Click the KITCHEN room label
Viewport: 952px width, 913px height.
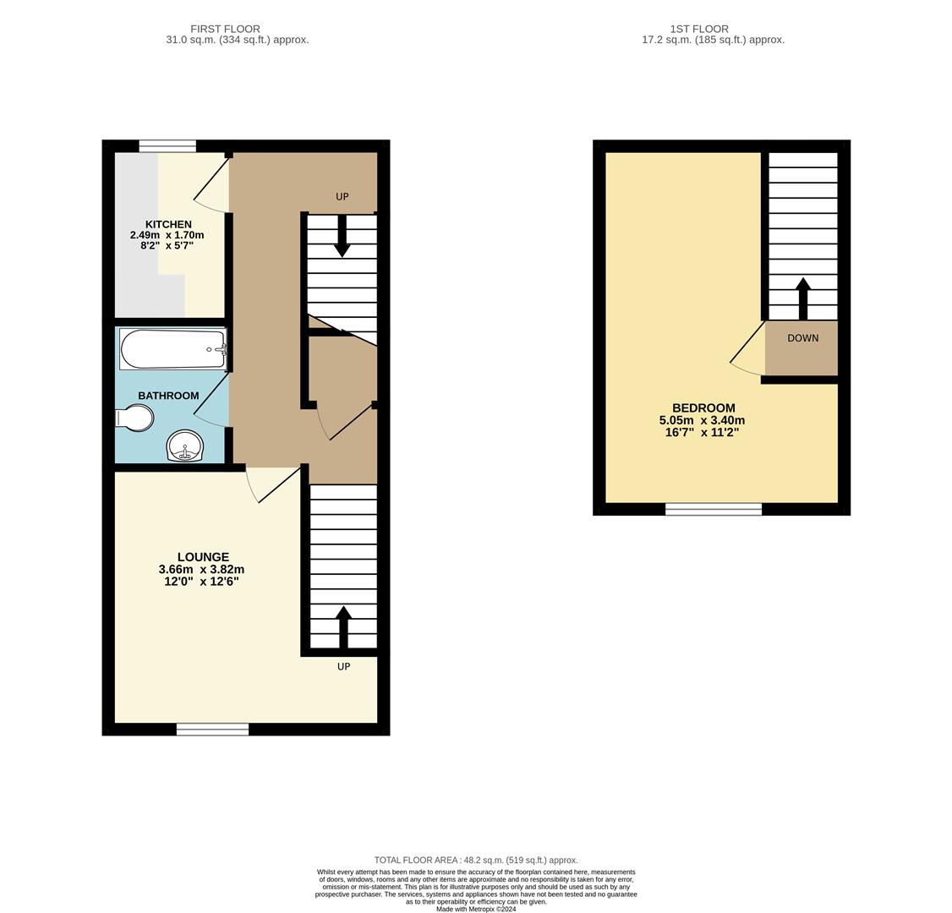(x=168, y=224)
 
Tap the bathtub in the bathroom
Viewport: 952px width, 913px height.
(x=172, y=349)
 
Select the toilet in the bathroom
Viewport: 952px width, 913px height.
(x=135, y=418)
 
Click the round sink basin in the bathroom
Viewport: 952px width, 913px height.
(x=185, y=445)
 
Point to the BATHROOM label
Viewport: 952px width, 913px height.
(x=168, y=396)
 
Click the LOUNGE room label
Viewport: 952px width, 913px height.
(x=203, y=557)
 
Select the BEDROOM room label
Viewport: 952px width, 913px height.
(x=703, y=407)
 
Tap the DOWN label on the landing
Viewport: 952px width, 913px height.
(x=802, y=338)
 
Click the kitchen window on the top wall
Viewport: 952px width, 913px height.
(x=167, y=146)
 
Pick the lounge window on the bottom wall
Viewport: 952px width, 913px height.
(x=212, y=729)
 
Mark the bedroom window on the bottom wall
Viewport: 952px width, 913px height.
(x=713, y=509)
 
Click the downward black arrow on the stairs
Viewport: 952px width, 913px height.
(x=342, y=236)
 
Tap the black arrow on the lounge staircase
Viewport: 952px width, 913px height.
(x=343, y=626)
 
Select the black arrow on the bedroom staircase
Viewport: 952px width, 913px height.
(x=802, y=298)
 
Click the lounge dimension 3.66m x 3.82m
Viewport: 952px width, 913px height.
(x=201, y=570)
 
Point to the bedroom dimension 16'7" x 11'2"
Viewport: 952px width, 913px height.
(x=702, y=432)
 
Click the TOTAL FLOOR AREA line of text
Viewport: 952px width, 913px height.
(x=476, y=860)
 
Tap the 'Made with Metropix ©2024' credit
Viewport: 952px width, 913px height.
(x=476, y=909)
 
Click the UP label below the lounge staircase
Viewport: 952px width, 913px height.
(x=343, y=667)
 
